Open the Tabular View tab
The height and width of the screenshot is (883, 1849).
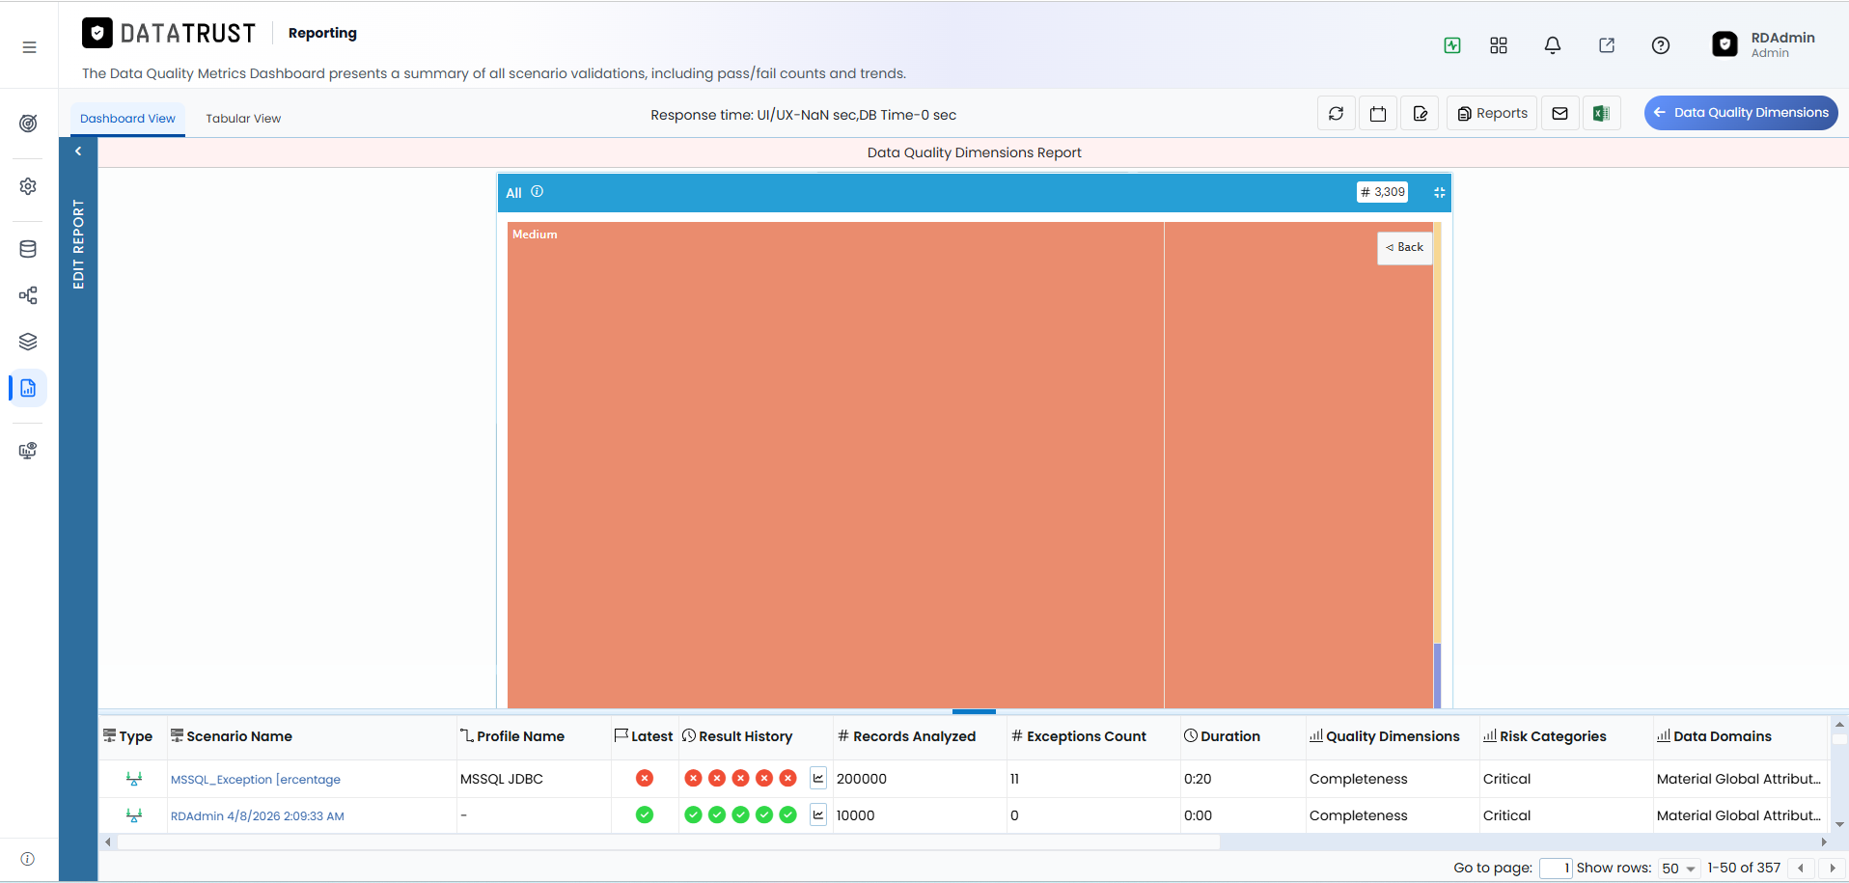point(243,119)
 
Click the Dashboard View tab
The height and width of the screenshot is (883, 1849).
point(127,119)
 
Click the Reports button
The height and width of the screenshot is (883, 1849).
point(1492,113)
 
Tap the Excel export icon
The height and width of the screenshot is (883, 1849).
point(1601,113)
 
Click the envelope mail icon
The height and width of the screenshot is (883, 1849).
point(1559,113)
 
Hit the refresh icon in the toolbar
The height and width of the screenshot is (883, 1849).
point(1336,113)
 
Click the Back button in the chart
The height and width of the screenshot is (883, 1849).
point(1404,247)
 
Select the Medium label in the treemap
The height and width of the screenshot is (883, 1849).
point(535,235)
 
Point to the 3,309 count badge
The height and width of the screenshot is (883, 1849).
point(1382,192)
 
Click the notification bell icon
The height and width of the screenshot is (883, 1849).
point(1553,45)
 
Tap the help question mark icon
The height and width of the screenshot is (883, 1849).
point(1661,45)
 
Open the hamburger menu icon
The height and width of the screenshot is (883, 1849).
point(30,47)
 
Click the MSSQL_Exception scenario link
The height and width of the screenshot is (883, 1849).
point(256,780)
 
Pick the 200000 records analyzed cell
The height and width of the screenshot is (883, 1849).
point(862,779)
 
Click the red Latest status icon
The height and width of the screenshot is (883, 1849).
point(645,778)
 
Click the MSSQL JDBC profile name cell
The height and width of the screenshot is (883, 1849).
point(502,779)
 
